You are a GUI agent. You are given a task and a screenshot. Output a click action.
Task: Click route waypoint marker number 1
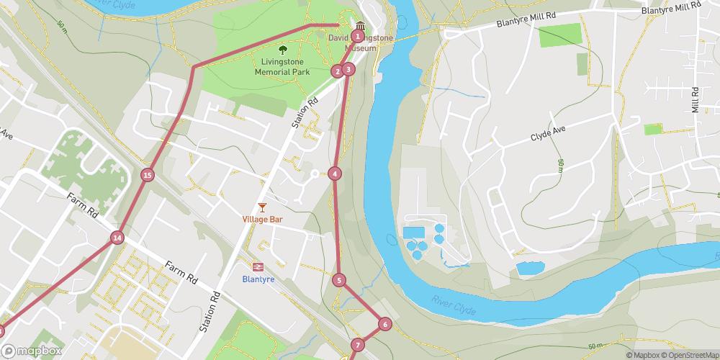pyautogui.click(x=358, y=36)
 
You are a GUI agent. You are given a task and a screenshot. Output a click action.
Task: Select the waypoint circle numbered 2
pyautogui.click(x=337, y=71)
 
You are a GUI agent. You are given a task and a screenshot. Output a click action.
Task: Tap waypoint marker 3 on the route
pyautogui.click(x=348, y=69)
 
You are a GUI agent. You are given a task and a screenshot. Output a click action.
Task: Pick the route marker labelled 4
pyautogui.click(x=334, y=173)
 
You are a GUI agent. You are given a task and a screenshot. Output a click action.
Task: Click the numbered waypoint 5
pyautogui.click(x=340, y=280)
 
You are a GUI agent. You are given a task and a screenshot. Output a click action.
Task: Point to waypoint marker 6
pyautogui.click(x=384, y=324)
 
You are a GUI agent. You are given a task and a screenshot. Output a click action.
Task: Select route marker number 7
pyautogui.click(x=357, y=346)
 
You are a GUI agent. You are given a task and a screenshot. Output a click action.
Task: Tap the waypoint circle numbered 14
pyautogui.click(x=117, y=238)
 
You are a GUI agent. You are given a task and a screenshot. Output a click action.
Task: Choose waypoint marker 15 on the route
pyautogui.click(x=148, y=175)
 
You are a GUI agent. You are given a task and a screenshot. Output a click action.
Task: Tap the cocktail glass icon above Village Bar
pyautogui.click(x=262, y=207)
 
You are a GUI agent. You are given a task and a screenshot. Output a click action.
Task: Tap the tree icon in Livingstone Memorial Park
pyautogui.click(x=283, y=50)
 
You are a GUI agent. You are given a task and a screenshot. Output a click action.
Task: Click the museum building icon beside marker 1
pyautogui.click(x=360, y=27)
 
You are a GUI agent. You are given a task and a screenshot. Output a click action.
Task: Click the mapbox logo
pyautogui.click(x=30, y=351)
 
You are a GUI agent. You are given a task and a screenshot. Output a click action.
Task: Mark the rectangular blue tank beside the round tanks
pyautogui.click(x=413, y=232)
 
